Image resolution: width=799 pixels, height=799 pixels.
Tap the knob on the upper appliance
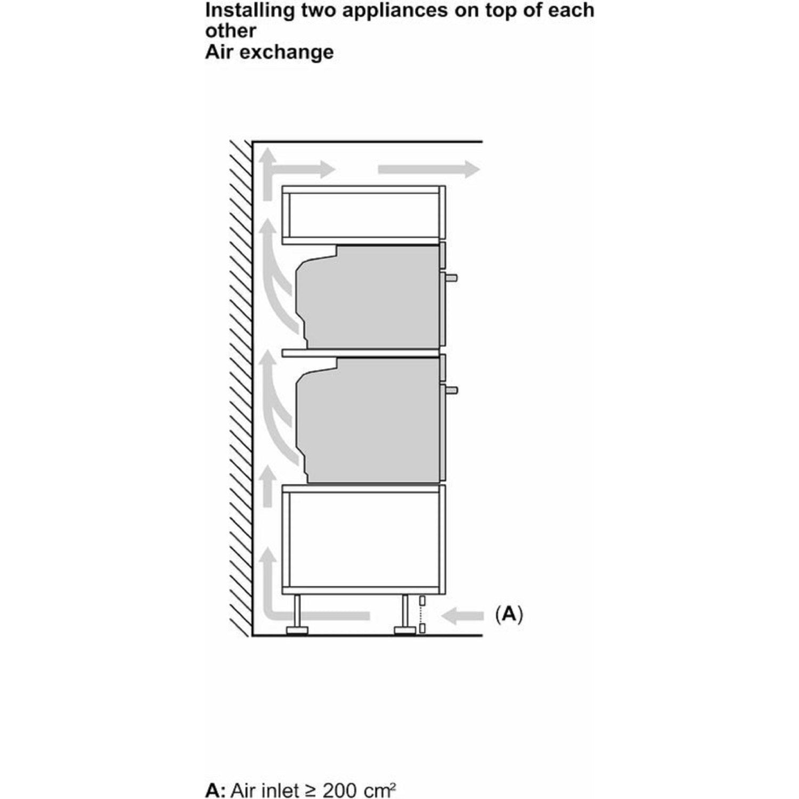tap(452, 277)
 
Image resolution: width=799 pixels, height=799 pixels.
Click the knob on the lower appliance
tap(452, 389)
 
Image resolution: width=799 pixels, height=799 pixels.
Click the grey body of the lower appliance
tap(368, 421)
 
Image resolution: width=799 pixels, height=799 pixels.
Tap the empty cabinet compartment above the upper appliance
tap(364, 215)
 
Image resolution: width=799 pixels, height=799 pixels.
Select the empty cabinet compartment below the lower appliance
tap(364, 541)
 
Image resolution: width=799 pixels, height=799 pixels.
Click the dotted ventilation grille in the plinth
tap(422, 615)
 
